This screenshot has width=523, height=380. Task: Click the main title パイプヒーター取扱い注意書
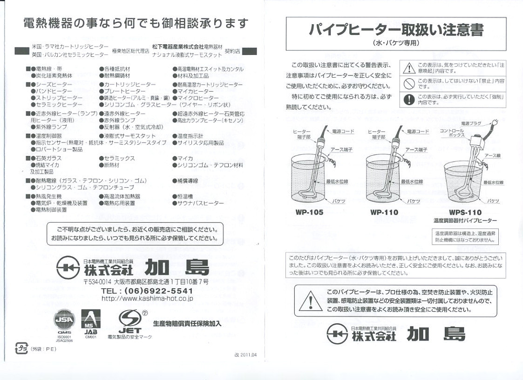click(x=396, y=30)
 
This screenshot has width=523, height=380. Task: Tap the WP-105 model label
click(x=309, y=212)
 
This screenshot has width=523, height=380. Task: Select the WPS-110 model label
click(x=465, y=212)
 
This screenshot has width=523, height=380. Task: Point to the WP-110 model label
click(x=384, y=212)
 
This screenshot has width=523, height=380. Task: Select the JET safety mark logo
click(x=127, y=321)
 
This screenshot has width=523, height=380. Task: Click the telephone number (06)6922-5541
click(x=147, y=291)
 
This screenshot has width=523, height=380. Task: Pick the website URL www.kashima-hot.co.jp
click(x=147, y=299)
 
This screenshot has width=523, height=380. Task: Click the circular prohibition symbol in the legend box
click(x=409, y=83)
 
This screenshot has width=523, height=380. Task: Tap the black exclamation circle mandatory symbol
click(x=409, y=99)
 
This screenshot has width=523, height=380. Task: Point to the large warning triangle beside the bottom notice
click(x=307, y=301)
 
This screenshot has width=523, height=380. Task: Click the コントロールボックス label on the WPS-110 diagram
click(x=451, y=133)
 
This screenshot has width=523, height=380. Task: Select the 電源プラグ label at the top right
click(x=471, y=123)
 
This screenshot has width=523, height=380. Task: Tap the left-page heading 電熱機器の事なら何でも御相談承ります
click(x=136, y=23)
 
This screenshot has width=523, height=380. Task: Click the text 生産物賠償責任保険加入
click(x=187, y=323)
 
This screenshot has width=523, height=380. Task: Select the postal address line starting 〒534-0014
click(x=146, y=282)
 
